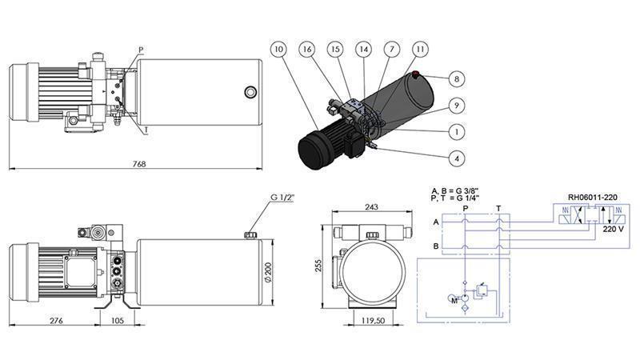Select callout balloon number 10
[278, 50]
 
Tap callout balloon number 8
[455, 78]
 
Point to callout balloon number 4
[455, 158]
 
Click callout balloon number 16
[307, 50]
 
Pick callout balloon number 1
[455, 131]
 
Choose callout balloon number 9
[455, 105]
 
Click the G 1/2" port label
[284, 198]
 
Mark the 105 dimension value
[116, 321]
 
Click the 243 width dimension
[370, 207]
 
